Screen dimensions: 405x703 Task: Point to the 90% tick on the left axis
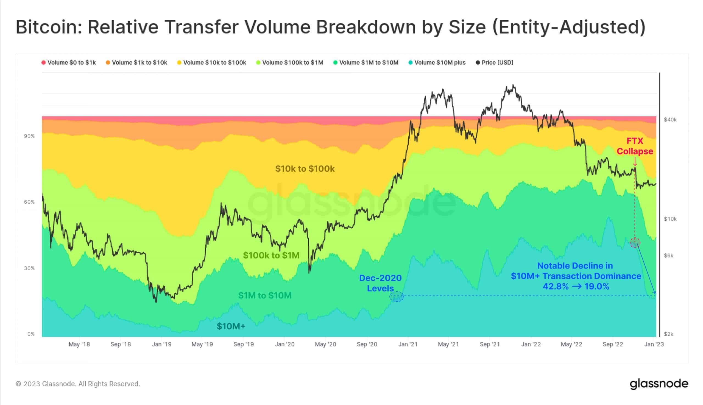[x=29, y=136]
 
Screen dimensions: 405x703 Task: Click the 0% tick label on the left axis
[x=31, y=334]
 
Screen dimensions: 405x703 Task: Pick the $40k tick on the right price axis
[x=670, y=120]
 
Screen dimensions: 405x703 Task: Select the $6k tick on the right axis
[x=668, y=255]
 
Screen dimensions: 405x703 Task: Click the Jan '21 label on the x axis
[x=408, y=344]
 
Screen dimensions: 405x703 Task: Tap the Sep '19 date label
[x=244, y=344]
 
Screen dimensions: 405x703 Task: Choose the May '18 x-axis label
[x=79, y=344]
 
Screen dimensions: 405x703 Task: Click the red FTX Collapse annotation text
[x=635, y=146]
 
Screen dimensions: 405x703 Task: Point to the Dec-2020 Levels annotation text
[x=380, y=283]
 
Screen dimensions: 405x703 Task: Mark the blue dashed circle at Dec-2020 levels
[x=396, y=297]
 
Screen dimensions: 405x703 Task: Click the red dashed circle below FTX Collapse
[x=635, y=243]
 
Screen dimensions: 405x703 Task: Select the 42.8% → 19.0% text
[x=576, y=286]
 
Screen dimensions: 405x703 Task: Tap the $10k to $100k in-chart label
[x=305, y=168]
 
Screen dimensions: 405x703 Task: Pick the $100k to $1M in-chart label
[x=271, y=255]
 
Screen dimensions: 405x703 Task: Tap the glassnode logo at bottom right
[x=659, y=384]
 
